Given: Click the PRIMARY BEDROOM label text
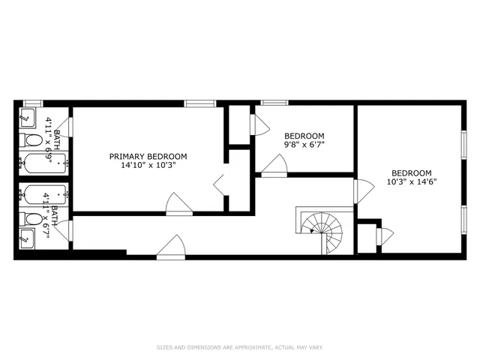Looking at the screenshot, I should point(148,157).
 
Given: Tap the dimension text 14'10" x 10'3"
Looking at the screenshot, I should point(148,166).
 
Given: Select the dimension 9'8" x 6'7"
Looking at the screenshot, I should point(304,144).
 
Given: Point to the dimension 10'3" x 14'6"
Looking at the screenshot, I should point(412,181).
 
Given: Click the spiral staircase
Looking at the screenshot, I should point(320,229).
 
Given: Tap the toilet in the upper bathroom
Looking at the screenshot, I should point(32,141).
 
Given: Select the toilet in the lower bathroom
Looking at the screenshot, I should point(32,220).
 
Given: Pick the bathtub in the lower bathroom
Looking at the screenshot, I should point(43,195).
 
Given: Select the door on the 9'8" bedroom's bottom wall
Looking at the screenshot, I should point(274,166).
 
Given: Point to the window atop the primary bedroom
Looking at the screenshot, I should point(196,103).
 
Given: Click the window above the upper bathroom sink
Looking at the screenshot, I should point(32,103).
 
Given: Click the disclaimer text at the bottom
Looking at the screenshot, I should point(239,347).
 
